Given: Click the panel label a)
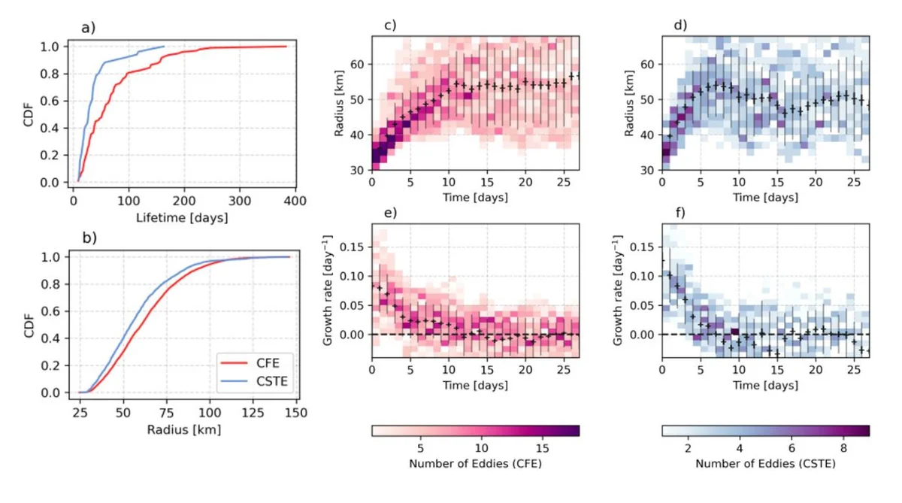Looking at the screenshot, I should click(88, 29).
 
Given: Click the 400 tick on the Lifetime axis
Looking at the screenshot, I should click(295, 202).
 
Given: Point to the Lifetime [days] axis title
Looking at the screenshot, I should click(183, 218).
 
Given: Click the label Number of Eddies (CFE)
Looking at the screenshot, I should click(475, 464).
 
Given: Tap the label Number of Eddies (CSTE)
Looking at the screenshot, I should click(765, 464).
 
